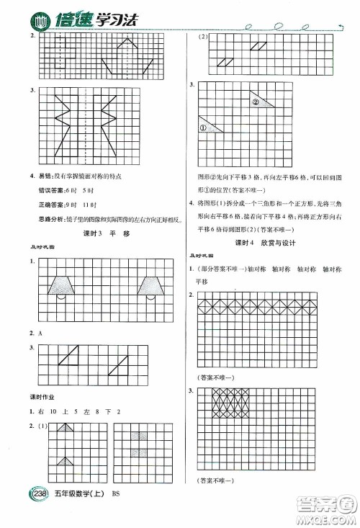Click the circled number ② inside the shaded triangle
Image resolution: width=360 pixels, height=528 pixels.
[x=256, y=102]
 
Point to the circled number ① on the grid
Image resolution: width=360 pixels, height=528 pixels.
[x=204, y=127]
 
